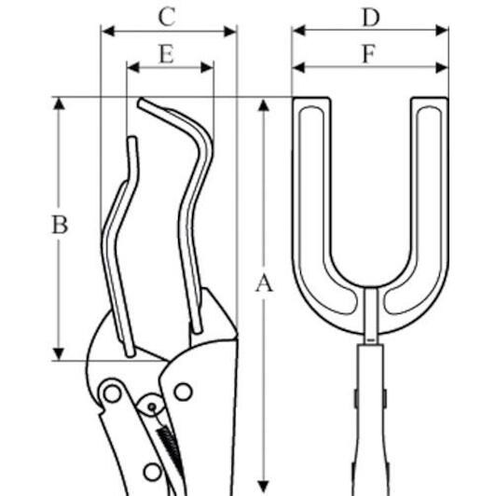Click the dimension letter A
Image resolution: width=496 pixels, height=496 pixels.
264,283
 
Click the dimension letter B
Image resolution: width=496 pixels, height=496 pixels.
60,225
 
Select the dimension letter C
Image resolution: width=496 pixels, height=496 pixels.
167,17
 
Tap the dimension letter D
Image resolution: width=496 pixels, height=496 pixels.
371,18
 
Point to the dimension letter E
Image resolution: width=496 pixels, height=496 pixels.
166,54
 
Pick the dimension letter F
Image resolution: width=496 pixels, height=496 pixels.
369,54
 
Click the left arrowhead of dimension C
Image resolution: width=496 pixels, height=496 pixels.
108,32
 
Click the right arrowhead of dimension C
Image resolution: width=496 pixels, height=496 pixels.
230,32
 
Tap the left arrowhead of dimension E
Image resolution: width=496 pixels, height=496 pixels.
133,67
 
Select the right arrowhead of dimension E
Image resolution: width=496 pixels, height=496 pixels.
207,67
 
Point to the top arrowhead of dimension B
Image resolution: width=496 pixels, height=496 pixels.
59,103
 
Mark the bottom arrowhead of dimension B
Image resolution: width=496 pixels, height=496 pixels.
59,354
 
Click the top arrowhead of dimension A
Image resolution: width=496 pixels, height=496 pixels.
264,105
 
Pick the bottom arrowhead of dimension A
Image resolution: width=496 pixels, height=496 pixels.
263,487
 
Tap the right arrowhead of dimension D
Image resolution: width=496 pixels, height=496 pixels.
442,31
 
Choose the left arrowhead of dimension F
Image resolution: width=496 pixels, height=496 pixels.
298,67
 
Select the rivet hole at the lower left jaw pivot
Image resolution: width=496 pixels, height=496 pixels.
112,394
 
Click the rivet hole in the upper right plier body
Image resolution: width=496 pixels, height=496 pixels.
183,392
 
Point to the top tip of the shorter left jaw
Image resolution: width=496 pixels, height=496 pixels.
132,138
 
